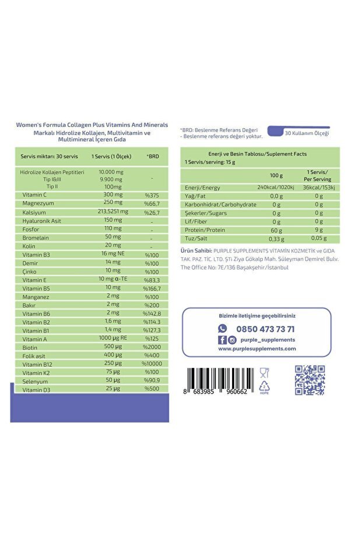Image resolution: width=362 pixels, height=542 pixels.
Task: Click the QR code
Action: [x=309, y=380]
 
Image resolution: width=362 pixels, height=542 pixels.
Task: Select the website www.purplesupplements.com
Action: [x=257, y=349]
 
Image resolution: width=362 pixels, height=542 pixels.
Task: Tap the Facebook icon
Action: [x=222, y=340]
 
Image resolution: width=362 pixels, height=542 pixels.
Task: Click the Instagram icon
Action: [x=232, y=340]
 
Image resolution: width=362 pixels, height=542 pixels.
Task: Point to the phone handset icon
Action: [x=222, y=329]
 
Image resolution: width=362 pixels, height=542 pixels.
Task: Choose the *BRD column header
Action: [x=153, y=157]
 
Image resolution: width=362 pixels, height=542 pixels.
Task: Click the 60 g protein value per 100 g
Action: [x=276, y=230]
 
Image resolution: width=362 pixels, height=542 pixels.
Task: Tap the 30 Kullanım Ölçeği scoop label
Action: [x=307, y=133]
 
